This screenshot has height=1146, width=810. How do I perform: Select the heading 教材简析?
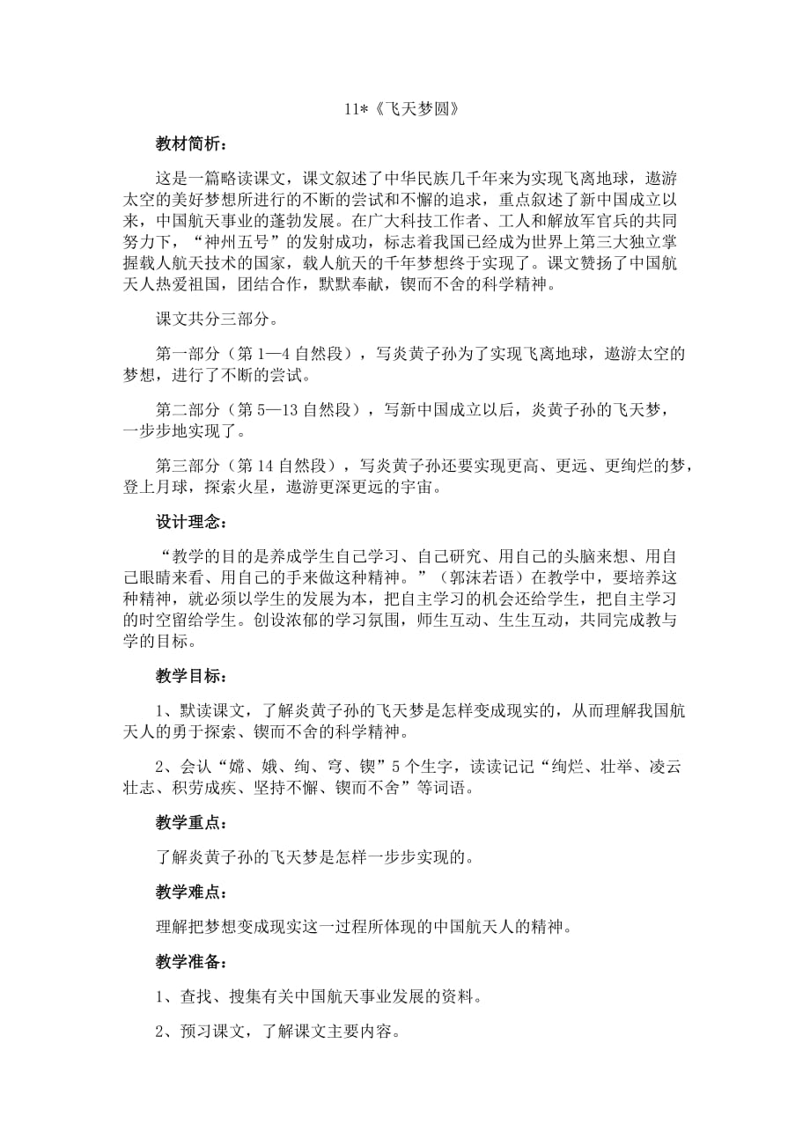(x=191, y=143)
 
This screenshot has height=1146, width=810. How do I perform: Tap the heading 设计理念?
(x=191, y=525)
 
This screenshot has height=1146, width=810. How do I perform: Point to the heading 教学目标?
(x=191, y=677)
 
